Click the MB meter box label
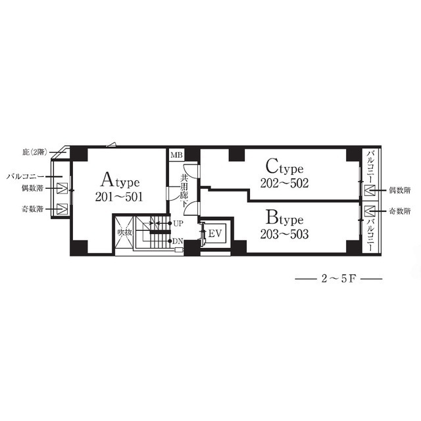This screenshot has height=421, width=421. click(176, 155)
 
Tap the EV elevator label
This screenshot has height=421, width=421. click(215, 234)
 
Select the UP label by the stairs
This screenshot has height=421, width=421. click(178, 224)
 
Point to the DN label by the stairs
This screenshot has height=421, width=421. click(178, 241)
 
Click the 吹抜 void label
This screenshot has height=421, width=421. click(125, 232)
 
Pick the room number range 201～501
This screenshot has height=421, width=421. click(119, 197)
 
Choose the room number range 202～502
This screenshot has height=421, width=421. click(284, 183)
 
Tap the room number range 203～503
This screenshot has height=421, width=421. click(284, 234)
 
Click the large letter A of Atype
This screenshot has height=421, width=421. click(107, 180)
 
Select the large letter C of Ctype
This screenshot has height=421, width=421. click(272, 166)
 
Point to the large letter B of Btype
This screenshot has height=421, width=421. click(271, 217)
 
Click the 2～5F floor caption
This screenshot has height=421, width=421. click(339, 279)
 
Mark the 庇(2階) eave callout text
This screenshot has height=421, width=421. click(35, 153)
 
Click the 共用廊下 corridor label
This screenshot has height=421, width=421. click(184, 191)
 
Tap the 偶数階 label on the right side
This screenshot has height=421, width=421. click(400, 190)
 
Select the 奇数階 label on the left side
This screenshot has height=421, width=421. click(32, 209)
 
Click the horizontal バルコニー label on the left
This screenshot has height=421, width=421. click(25, 177)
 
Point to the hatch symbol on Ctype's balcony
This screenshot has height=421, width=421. click(369, 190)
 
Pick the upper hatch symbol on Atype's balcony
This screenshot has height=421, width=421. click(62, 188)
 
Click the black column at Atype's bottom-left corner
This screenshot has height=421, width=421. click(79, 247)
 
